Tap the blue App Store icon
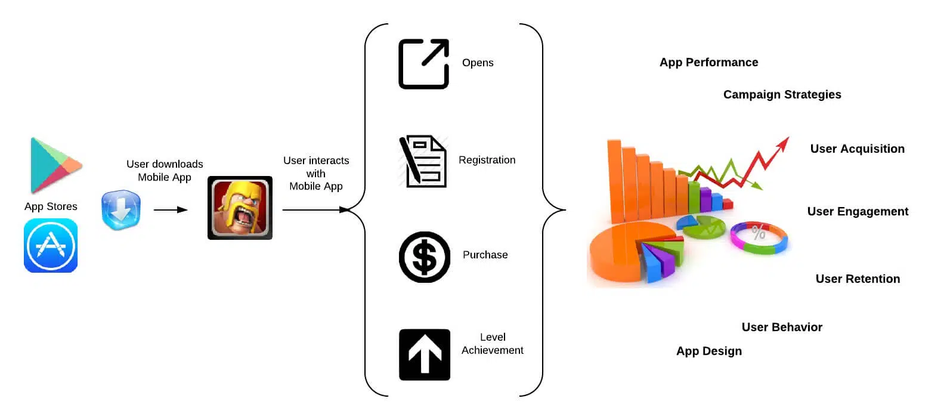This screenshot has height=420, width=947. [51, 245]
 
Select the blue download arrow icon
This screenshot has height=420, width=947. [121, 210]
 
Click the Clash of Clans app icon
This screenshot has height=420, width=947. [240, 208]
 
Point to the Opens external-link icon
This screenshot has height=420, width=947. [423, 64]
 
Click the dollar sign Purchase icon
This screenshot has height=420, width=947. [425, 257]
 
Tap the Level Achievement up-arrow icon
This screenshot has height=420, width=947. [425, 354]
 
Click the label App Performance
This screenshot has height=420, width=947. [708, 63]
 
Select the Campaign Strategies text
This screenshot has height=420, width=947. [782, 95]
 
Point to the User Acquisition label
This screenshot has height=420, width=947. [857, 149]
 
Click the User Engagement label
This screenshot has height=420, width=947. [858, 212]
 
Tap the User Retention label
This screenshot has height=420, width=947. [858, 279]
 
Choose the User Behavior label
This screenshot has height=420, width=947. [782, 328]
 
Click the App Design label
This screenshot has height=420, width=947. [708, 351]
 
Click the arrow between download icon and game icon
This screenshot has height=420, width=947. [171, 210]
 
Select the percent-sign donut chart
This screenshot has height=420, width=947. [759, 237]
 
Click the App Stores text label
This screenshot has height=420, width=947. [51, 206]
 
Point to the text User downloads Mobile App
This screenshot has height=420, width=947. [165, 171]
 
